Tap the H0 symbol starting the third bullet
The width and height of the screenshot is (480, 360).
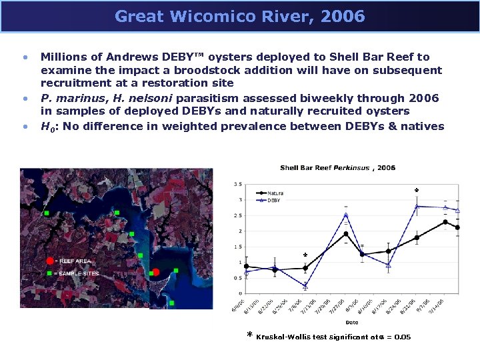(47, 127)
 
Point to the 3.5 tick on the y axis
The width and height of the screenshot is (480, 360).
(238, 185)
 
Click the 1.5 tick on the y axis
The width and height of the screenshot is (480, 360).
(238, 247)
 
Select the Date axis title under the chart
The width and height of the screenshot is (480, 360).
(351, 323)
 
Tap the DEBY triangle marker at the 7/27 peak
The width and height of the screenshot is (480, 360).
(346, 215)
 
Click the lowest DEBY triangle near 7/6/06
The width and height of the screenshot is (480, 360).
(305, 286)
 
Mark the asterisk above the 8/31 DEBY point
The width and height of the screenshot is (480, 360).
(417, 191)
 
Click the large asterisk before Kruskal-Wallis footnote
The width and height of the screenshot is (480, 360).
(250, 336)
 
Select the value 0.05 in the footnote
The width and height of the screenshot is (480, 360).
(402, 337)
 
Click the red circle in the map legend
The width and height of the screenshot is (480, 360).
(50, 261)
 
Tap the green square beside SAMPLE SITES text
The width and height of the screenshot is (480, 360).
(49, 273)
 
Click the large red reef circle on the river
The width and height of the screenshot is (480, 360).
(155, 272)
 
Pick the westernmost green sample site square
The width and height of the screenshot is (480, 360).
(46, 213)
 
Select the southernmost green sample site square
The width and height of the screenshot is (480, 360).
(171, 303)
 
